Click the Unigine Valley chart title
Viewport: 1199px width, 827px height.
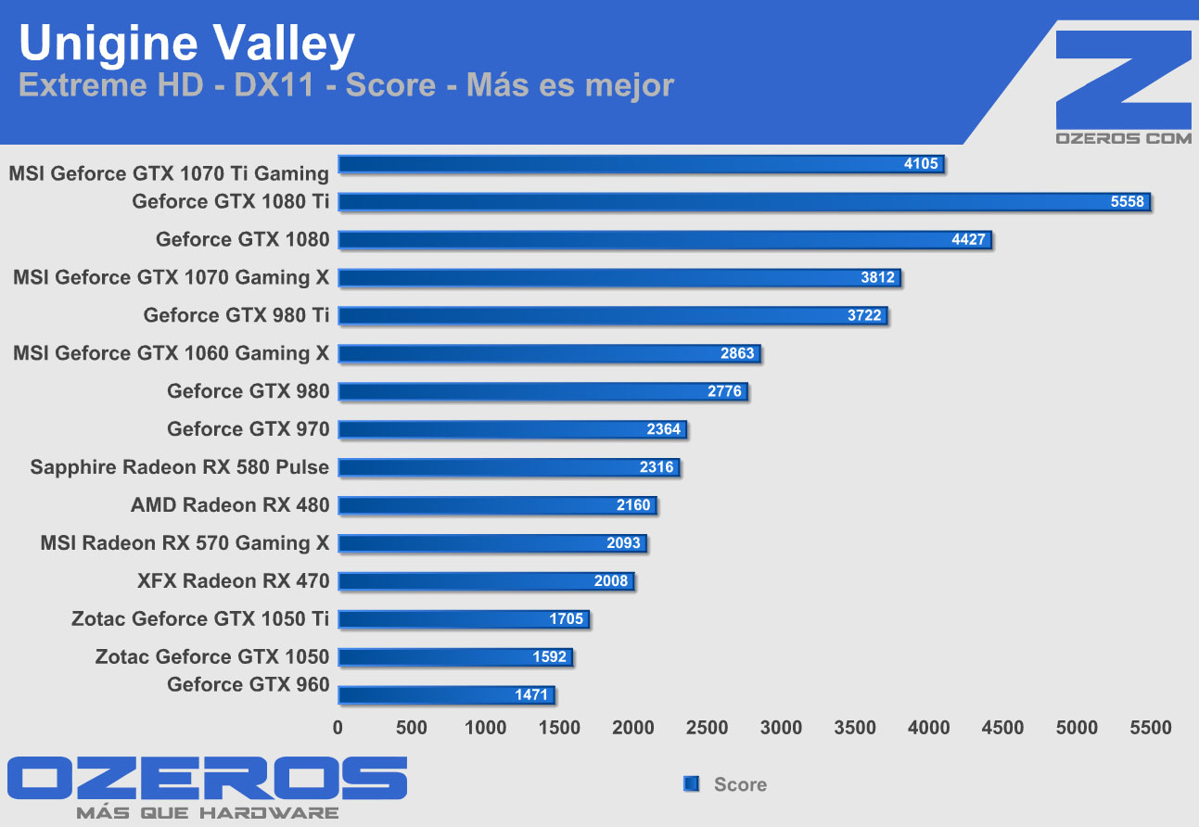186,44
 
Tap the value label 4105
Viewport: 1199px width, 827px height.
921,164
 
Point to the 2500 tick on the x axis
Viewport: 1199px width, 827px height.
707,728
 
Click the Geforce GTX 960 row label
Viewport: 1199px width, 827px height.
248,685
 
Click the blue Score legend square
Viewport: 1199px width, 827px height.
691,784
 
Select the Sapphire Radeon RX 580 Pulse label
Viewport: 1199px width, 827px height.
179,467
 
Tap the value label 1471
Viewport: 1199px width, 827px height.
531,694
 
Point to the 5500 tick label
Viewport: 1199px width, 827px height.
1151,728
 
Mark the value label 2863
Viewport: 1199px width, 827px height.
737,353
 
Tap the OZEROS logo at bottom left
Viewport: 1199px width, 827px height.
207,779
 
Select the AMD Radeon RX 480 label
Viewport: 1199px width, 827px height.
230,505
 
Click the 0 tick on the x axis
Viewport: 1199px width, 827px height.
338,728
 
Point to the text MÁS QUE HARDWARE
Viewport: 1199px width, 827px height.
207,813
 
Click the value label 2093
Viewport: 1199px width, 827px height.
623,543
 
